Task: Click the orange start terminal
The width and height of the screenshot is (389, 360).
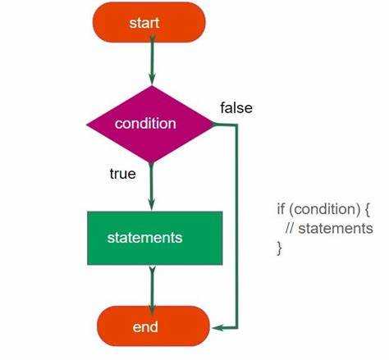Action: coord(149,22)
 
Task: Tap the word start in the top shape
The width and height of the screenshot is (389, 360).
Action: coord(144,23)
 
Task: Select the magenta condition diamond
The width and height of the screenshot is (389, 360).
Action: coord(150,125)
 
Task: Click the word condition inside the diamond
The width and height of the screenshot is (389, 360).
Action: coord(145,124)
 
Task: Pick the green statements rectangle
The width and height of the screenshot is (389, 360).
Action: coord(155,238)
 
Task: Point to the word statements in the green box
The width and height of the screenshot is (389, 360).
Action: coord(144,238)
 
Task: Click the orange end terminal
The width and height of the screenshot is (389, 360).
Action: coord(153,326)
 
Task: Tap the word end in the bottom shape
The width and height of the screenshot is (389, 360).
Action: coord(145,327)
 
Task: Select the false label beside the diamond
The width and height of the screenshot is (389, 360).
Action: coord(236,107)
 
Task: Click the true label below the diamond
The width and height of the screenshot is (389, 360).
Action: coord(122,174)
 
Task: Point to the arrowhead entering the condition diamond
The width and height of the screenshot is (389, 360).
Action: coord(152,79)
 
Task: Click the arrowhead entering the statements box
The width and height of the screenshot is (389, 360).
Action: coord(152,205)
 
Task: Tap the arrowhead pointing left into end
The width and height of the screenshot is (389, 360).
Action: coord(218,327)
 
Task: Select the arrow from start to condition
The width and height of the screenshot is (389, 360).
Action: coord(152,62)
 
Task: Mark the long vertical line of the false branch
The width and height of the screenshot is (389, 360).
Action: coord(236,226)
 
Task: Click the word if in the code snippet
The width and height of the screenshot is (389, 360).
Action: coord(281,209)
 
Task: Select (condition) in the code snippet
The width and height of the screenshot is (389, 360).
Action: coord(324,210)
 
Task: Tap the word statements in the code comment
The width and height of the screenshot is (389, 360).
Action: coord(336,229)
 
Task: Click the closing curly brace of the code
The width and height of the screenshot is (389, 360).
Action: coord(279,248)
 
